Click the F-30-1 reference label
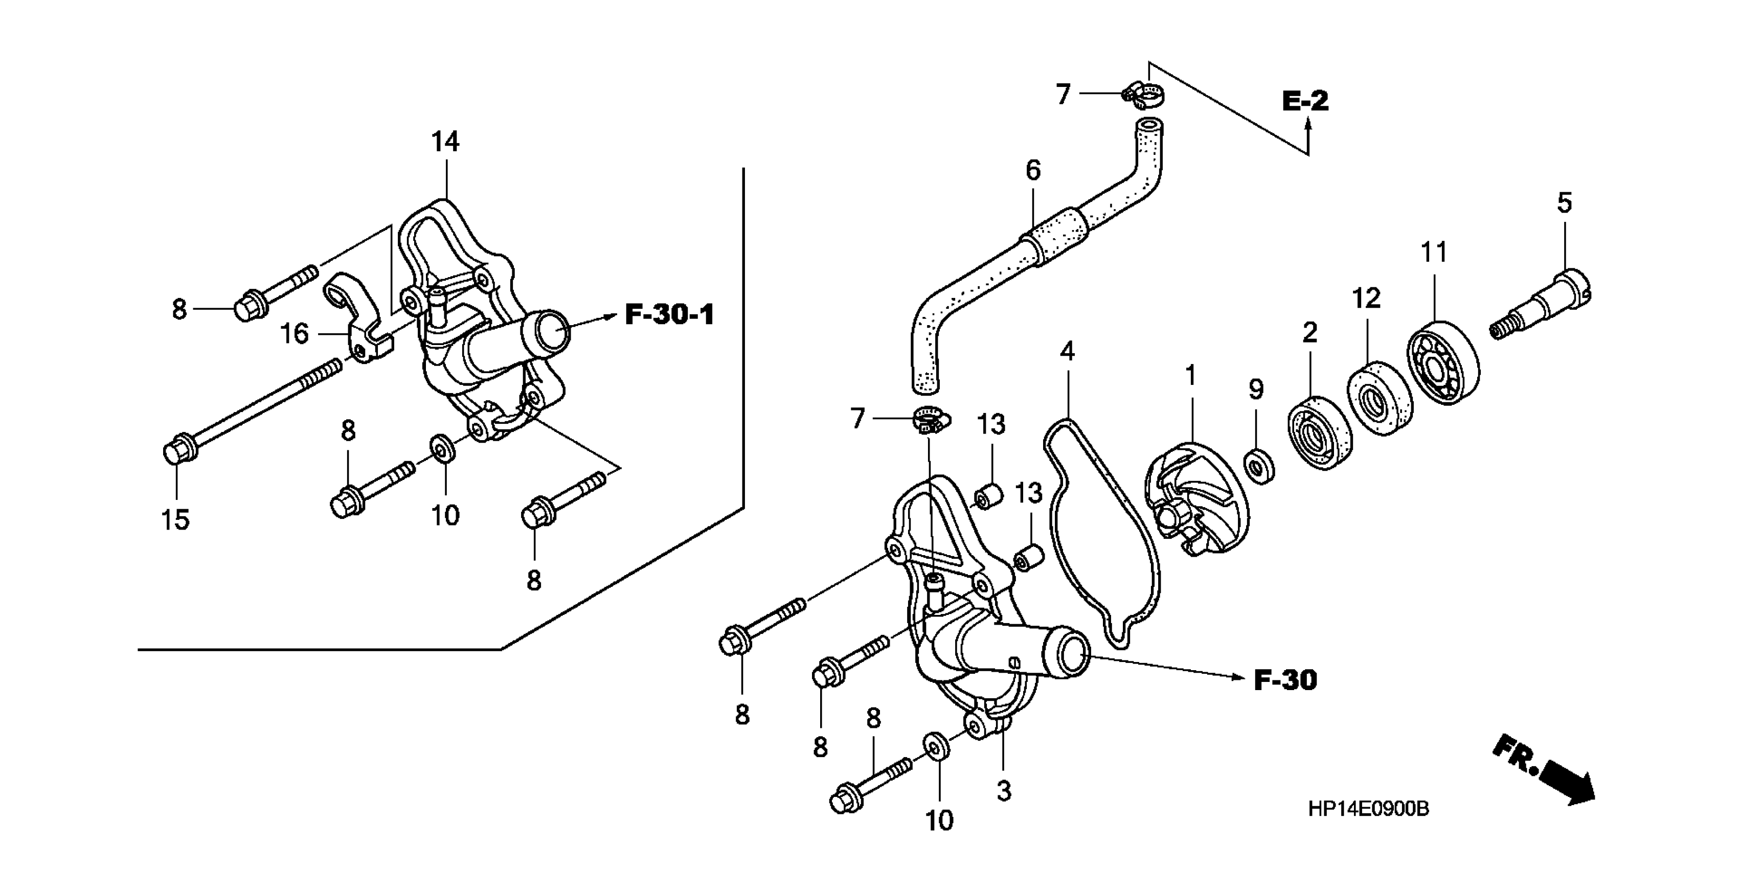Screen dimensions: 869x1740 [x=669, y=315]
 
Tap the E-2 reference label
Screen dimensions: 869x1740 [x=1305, y=101]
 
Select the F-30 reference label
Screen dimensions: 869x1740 [x=1285, y=680]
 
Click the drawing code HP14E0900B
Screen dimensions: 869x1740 [x=1368, y=809]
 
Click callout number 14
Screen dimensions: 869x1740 [x=445, y=142]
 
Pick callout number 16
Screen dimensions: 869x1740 [x=295, y=334]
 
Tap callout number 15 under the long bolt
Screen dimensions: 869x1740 [x=175, y=520]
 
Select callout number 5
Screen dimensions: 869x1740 [x=1565, y=202]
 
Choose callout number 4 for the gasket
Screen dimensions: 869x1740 [x=1067, y=351]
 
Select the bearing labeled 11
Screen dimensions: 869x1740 [x=1444, y=362]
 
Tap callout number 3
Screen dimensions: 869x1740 [x=1004, y=791]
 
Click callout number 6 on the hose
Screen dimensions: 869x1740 [x=1033, y=171]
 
